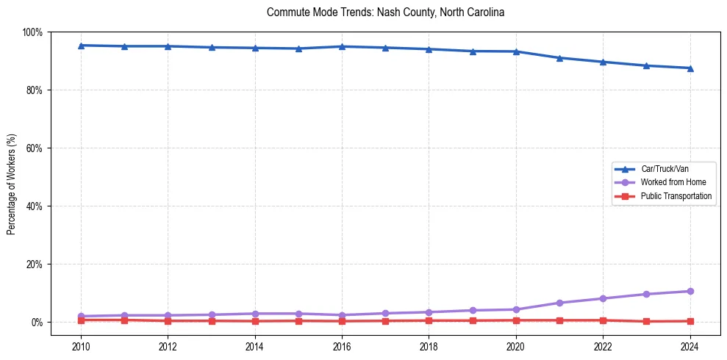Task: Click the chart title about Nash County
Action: pyautogui.click(x=385, y=12)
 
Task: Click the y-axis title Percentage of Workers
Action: pyautogui.click(x=12, y=184)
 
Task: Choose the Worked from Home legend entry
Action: pyautogui.click(x=673, y=182)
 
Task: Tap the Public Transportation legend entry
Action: pyautogui.click(x=676, y=196)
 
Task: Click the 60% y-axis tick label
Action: pyautogui.click(x=34, y=148)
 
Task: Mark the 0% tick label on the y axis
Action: pyautogui.click(x=36, y=323)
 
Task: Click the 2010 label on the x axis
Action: pyautogui.click(x=81, y=345)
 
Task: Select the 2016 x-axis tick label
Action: pyautogui.click(x=342, y=345)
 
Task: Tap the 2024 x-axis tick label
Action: pyautogui.click(x=690, y=345)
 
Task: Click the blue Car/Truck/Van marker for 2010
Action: pyautogui.click(x=81, y=46)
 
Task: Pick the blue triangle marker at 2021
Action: pyautogui.click(x=559, y=57)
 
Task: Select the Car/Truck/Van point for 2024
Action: pyautogui.click(x=690, y=68)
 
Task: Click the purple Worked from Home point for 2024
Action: pyautogui.click(x=690, y=292)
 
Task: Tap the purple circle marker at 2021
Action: pyautogui.click(x=559, y=303)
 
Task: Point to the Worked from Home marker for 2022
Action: pyautogui.click(x=603, y=298)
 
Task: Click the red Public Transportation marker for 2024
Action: pyautogui.click(x=690, y=321)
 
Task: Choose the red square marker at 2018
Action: pyautogui.click(x=429, y=320)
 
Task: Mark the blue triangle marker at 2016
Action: pyautogui.click(x=342, y=46)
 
